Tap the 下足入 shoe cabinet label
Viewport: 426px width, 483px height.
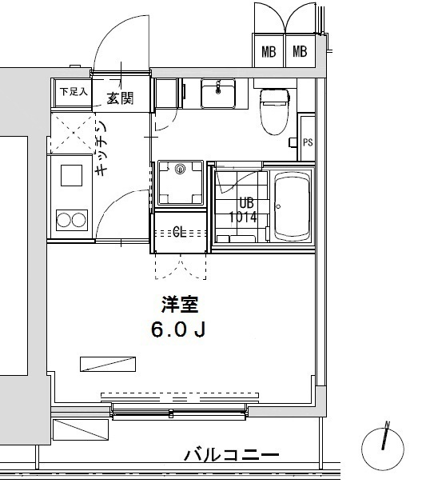(73, 91)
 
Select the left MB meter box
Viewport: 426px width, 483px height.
(269, 53)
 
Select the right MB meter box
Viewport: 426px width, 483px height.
(300, 53)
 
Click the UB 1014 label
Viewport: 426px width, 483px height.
(242, 210)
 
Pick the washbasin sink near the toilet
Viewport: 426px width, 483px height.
(217, 94)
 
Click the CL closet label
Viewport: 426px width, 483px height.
(181, 233)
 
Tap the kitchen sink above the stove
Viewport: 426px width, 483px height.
(70, 174)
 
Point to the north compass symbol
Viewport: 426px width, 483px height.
(384, 441)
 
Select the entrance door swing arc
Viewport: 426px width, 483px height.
(120, 48)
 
